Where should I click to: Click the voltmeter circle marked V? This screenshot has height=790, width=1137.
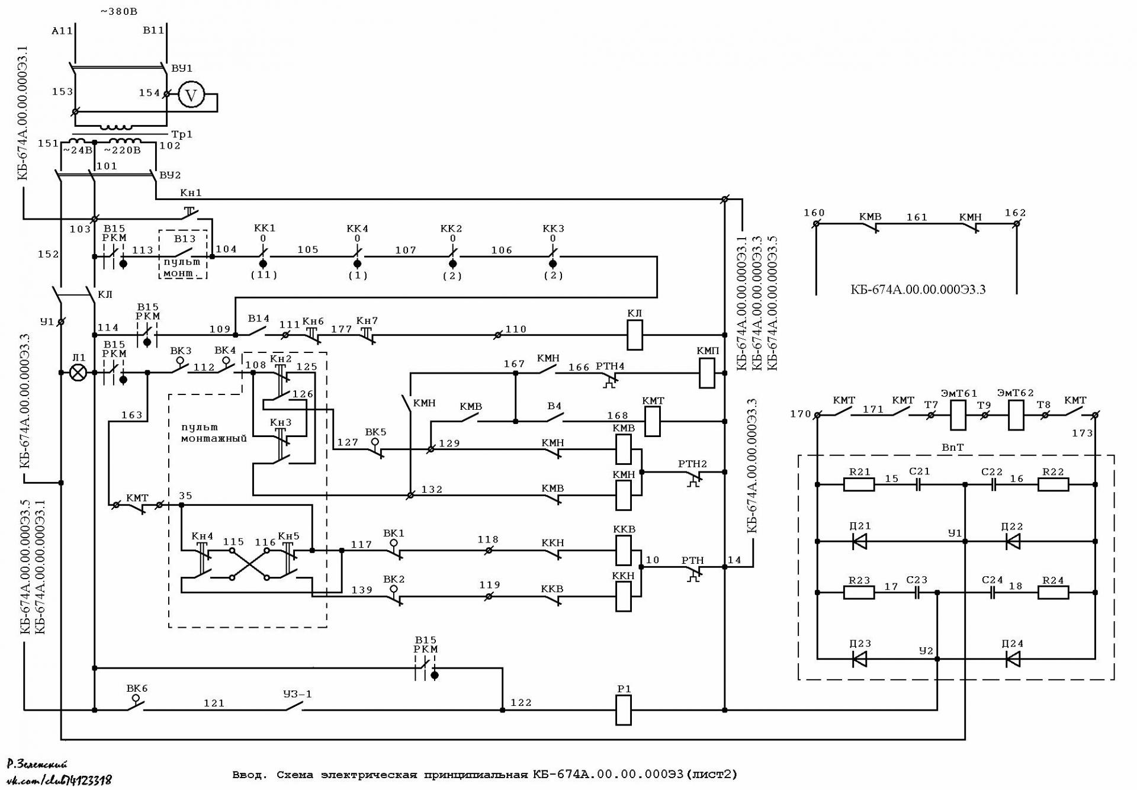click(191, 95)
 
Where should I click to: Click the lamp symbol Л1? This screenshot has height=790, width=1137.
click(78, 372)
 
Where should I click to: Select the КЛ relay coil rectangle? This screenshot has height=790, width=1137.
click(635, 335)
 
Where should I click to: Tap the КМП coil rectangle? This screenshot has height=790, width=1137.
click(707, 373)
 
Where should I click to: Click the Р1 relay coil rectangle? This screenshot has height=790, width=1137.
click(624, 710)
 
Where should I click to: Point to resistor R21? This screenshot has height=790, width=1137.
click(859, 484)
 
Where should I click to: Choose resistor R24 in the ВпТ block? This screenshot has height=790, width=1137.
click(1054, 592)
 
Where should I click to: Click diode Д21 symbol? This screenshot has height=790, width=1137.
click(859, 541)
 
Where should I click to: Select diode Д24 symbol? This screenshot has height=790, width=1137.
click(1013, 659)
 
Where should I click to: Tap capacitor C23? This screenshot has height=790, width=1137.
click(917, 592)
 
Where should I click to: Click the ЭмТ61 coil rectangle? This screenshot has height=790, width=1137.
click(958, 415)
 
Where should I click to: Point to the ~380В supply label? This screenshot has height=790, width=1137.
click(119, 11)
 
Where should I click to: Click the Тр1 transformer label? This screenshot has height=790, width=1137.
click(182, 134)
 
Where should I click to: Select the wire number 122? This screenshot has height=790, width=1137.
click(521, 703)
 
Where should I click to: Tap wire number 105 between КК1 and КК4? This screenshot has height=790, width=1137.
click(308, 250)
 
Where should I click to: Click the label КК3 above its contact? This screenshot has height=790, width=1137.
click(553, 229)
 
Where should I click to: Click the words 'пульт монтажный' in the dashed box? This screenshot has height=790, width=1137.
click(214, 433)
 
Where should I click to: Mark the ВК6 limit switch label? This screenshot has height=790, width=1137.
click(137, 689)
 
